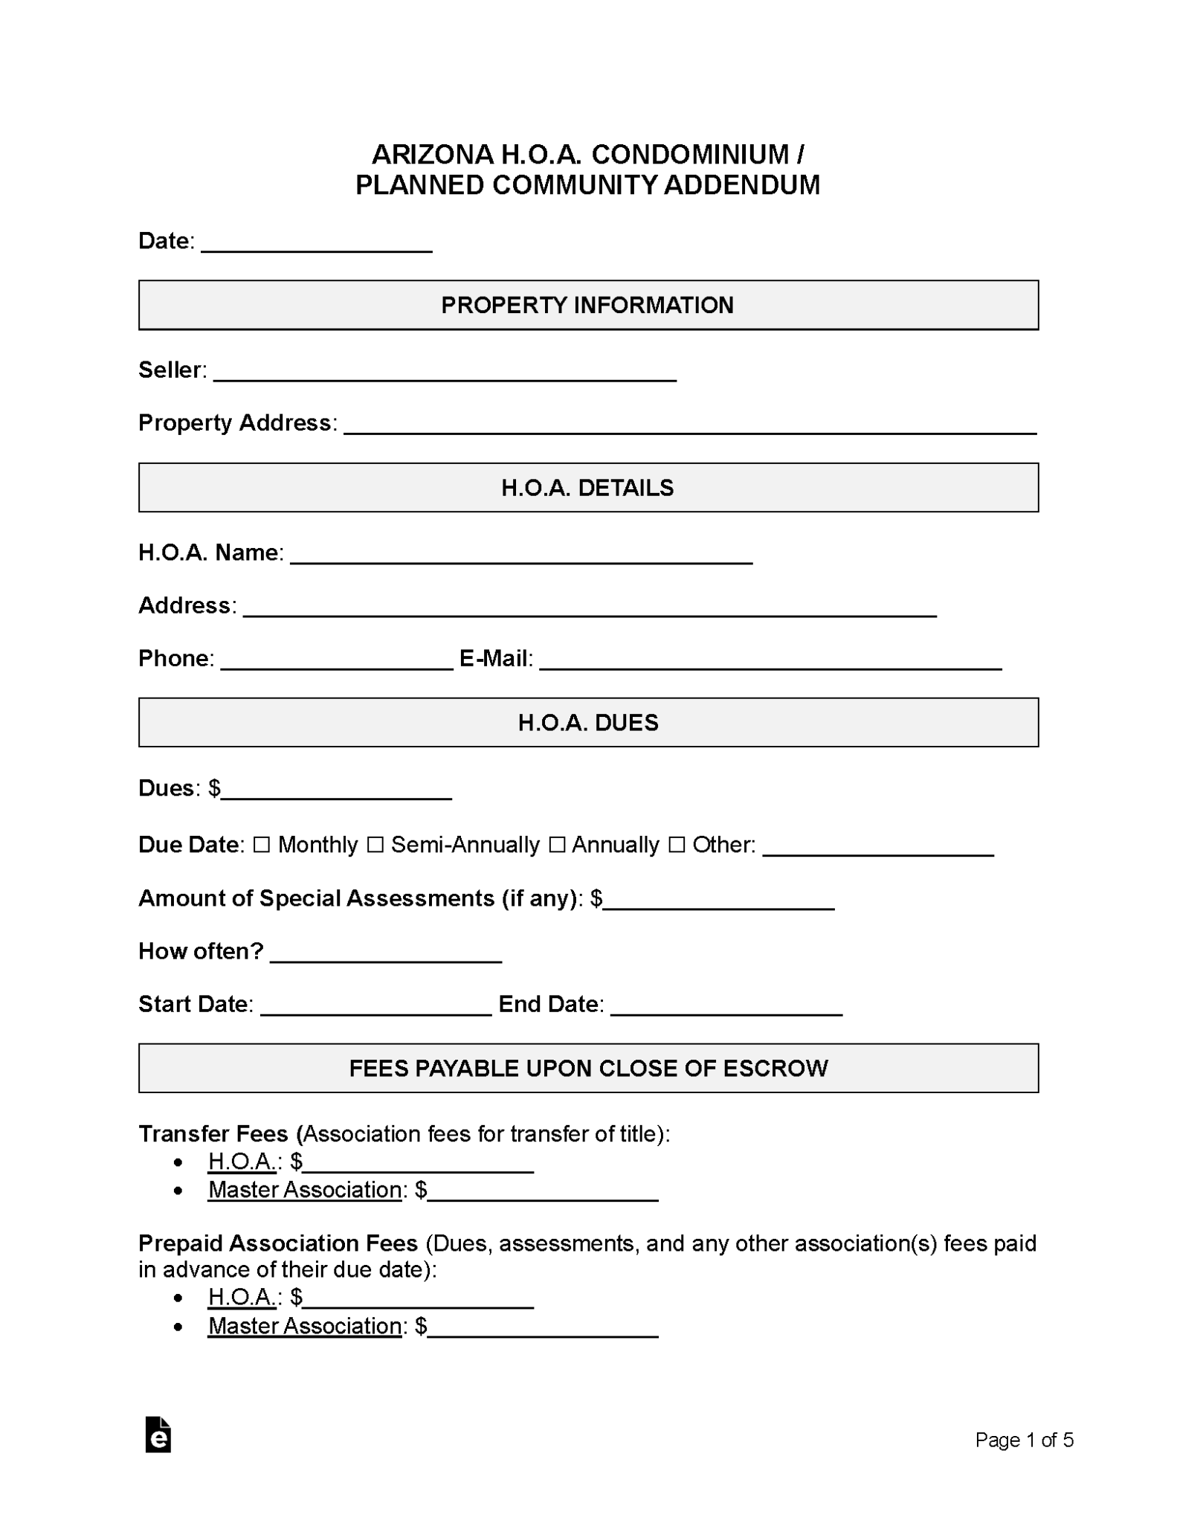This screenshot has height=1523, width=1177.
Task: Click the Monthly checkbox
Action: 261,845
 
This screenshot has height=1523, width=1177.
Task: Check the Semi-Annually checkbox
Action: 375,845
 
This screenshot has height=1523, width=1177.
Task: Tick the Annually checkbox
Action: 556,845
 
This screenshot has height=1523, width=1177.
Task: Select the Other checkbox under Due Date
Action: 676,845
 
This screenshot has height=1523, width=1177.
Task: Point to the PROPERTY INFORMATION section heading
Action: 588,305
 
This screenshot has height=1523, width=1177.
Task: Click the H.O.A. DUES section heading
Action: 588,723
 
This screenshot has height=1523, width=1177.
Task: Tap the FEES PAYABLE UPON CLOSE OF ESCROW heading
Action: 588,1069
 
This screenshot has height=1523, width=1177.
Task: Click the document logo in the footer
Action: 158,1435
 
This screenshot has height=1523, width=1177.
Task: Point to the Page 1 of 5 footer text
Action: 1024,1440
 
